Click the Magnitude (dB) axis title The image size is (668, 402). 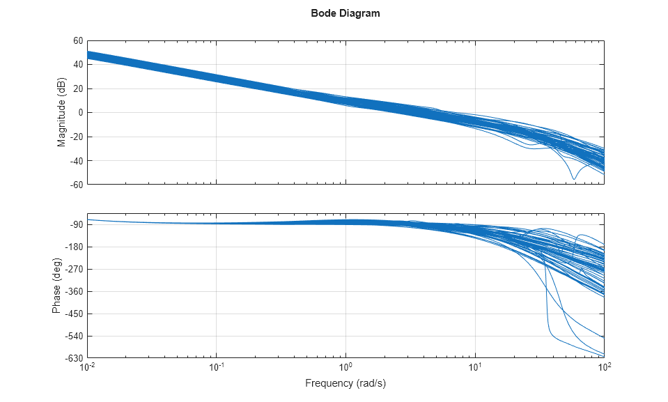tap(61, 113)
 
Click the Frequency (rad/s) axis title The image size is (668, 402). tap(345, 383)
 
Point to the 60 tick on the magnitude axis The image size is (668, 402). tap(77, 40)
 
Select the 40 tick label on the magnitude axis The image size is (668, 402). tap(77, 65)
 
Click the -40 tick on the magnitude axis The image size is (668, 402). tap(76, 161)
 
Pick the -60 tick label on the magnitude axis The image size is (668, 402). tap(76, 185)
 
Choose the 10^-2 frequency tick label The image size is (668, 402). tap(88, 367)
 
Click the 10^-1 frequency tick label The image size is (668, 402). tap(217, 367)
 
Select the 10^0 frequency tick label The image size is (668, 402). tap(346, 367)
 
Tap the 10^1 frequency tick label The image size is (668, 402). tap(476, 367)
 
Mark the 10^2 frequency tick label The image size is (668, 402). tap(605, 367)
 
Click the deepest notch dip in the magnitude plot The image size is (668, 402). tap(574, 179)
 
